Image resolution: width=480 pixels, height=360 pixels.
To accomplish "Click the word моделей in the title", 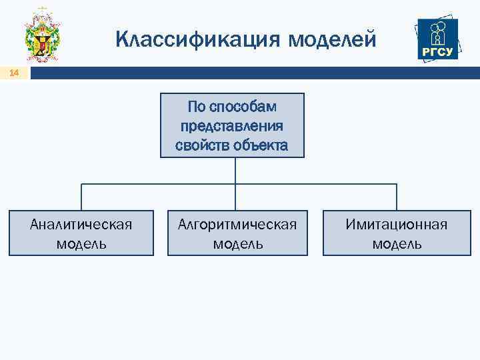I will [x=333, y=40].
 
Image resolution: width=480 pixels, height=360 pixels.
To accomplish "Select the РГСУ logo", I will [x=437, y=39].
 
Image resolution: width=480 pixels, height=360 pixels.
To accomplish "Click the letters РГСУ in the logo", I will [x=437, y=51].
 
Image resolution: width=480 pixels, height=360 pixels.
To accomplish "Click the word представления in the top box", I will [x=231, y=126].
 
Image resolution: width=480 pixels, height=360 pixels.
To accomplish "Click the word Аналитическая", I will [x=81, y=224].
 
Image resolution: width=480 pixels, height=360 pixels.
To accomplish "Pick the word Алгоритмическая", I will [x=237, y=224].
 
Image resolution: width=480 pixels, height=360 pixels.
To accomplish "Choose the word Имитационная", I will [x=396, y=224].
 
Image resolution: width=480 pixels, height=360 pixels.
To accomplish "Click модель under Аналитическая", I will [x=81, y=243].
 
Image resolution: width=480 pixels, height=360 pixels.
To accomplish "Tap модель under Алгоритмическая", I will [x=237, y=243].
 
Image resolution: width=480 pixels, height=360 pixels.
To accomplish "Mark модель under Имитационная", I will [x=396, y=243].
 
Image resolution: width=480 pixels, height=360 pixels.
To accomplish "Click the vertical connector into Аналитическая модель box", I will [x=81, y=197].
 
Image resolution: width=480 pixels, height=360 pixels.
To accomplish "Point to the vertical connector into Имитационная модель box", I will [x=397, y=197].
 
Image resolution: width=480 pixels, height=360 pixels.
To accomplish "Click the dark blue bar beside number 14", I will [x=253, y=73].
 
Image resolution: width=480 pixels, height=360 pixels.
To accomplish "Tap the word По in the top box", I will [x=196, y=107].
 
